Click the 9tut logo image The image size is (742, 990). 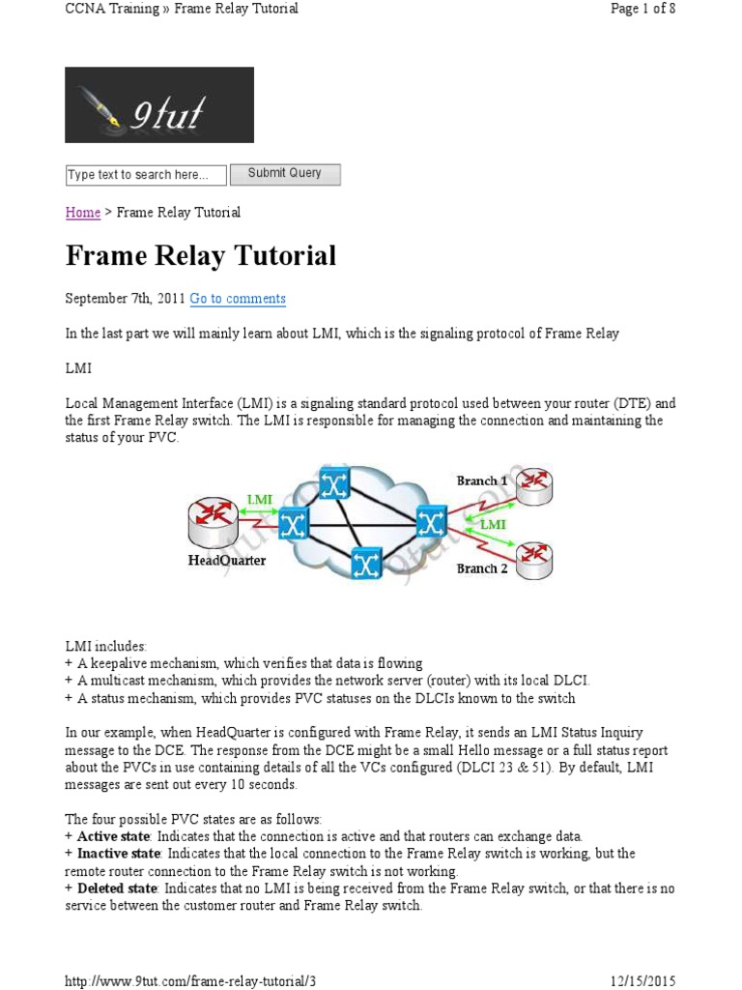pyautogui.click(x=159, y=104)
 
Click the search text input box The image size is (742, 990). pyautogui.click(x=146, y=175)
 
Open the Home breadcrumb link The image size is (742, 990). pyautogui.click(x=83, y=213)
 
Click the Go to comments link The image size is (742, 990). pyautogui.click(x=238, y=299)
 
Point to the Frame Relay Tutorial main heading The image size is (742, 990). pyautogui.click(x=201, y=256)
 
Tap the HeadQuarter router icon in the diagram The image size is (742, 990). pyautogui.click(x=213, y=525)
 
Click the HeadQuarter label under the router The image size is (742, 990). pyautogui.click(x=227, y=560)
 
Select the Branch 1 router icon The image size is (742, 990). pyautogui.click(x=535, y=491)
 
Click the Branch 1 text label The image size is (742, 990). pyautogui.click(x=482, y=480)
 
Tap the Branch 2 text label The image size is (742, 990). pyautogui.click(x=482, y=568)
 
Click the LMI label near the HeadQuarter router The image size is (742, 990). pyautogui.click(x=259, y=500)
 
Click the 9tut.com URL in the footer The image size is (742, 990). pyautogui.click(x=190, y=980)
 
